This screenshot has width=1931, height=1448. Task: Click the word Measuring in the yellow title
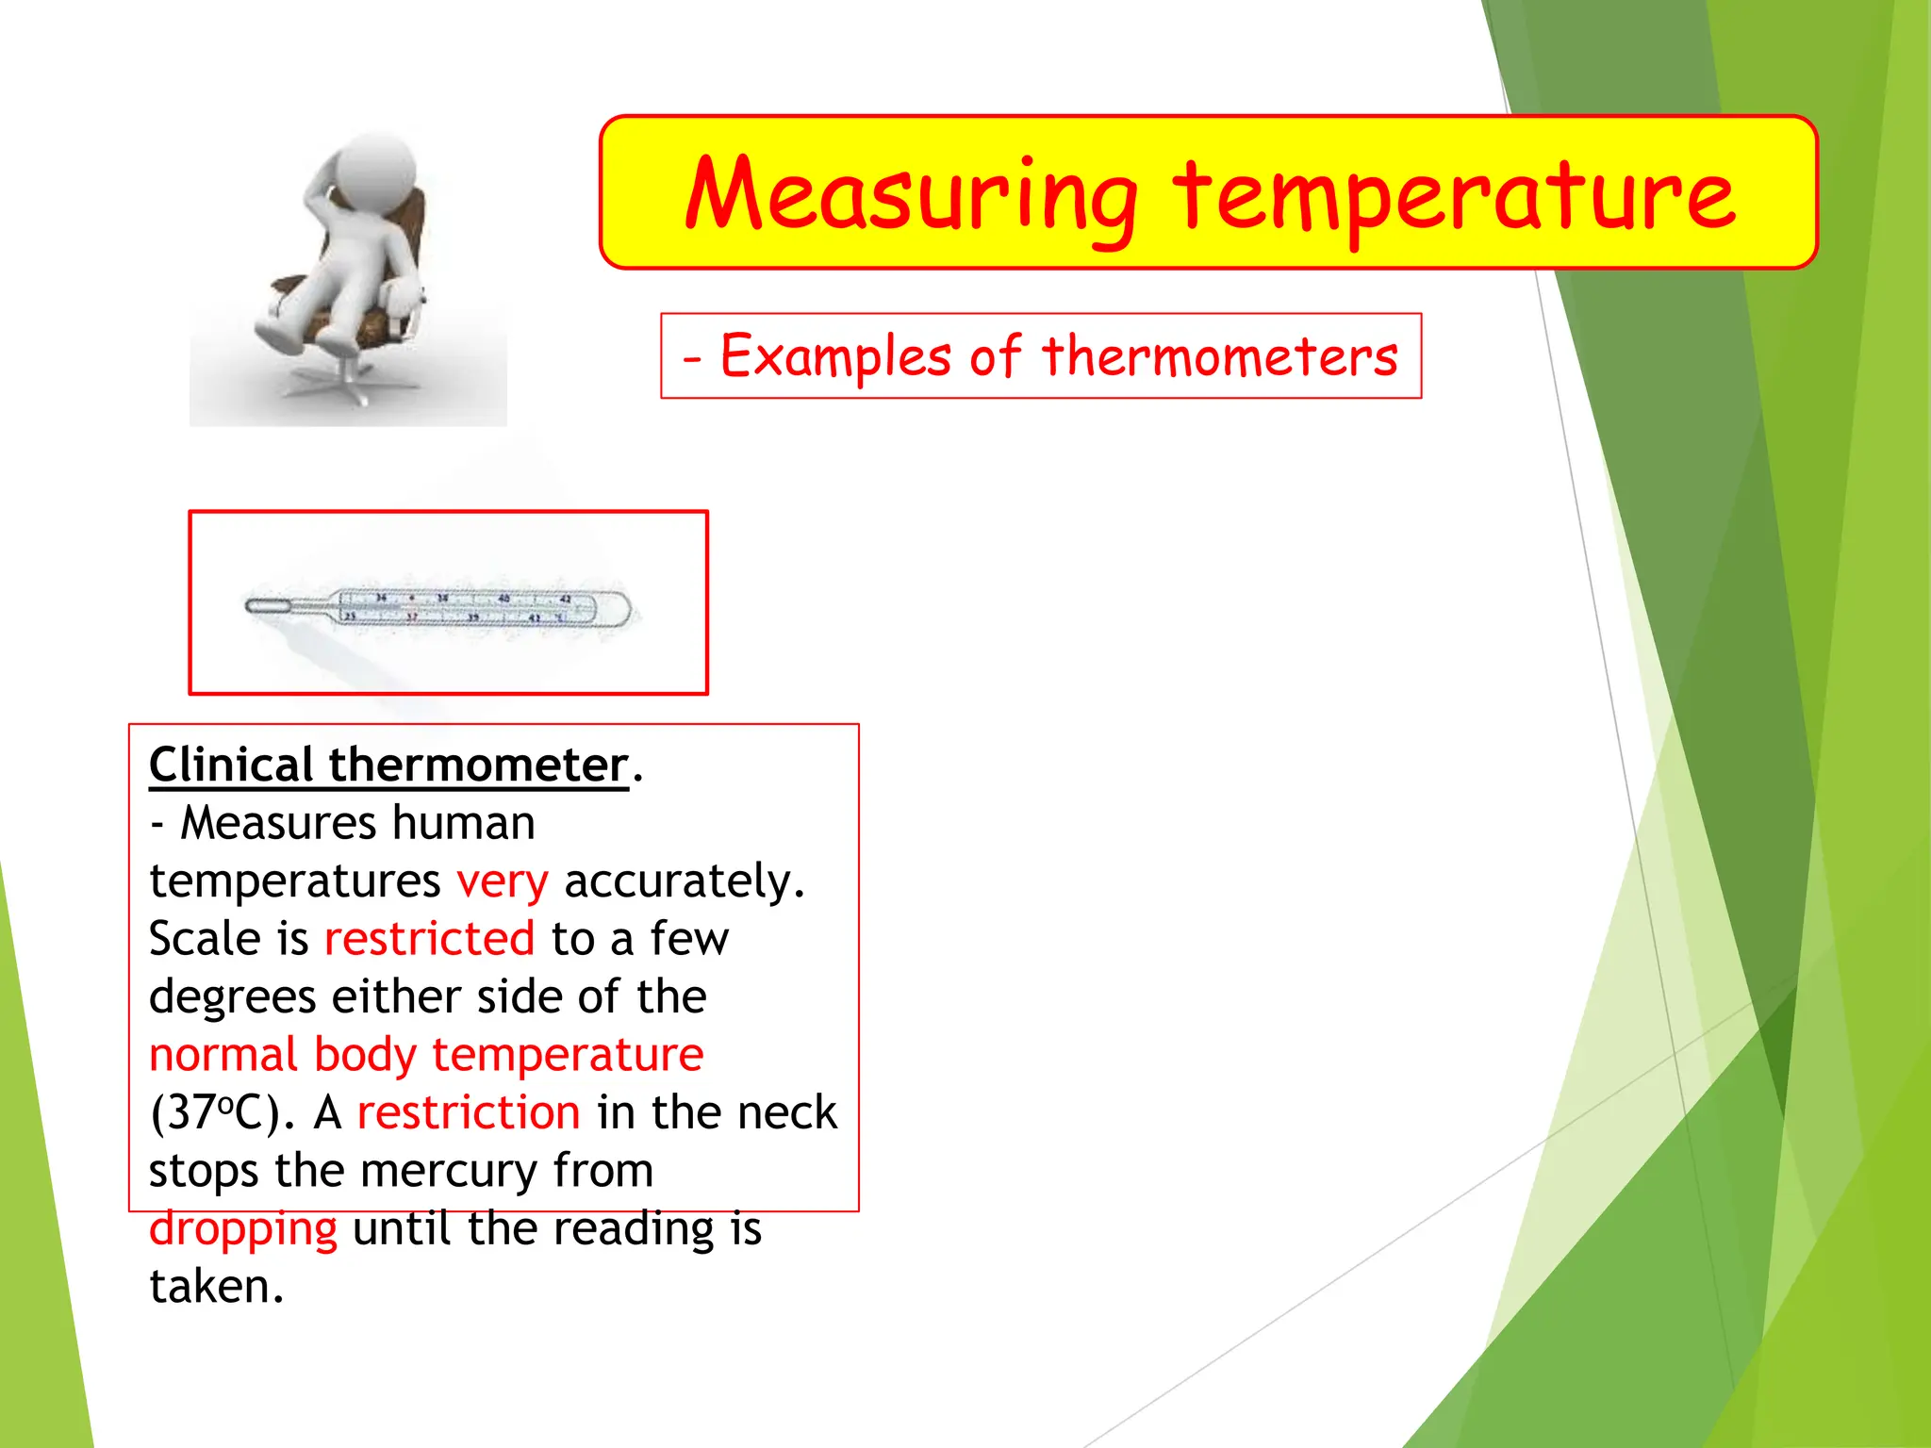pyautogui.click(x=911, y=196)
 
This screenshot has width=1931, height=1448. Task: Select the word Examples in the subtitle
pyautogui.click(x=835, y=356)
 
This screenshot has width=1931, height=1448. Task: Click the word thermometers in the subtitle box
pyautogui.click(x=1219, y=356)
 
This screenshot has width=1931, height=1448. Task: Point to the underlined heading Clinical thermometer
pyautogui.click(x=388, y=765)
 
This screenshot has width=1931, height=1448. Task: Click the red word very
pyautogui.click(x=502, y=881)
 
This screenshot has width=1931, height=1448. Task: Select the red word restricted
pyautogui.click(x=429, y=939)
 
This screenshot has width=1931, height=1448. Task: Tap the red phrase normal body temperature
pyautogui.click(x=426, y=1054)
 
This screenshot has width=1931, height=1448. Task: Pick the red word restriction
pyautogui.click(x=469, y=1112)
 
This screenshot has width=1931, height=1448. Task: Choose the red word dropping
pyautogui.click(x=243, y=1229)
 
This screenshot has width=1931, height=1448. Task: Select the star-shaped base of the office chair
pyautogui.click(x=349, y=382)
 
